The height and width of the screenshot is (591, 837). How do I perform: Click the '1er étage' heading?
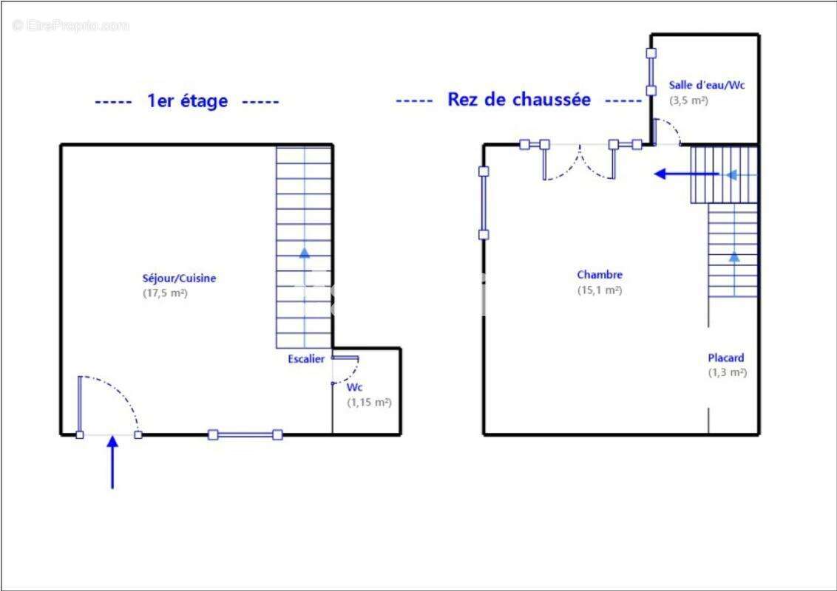coord(188,101)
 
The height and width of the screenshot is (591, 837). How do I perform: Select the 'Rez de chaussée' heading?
coord(519,100)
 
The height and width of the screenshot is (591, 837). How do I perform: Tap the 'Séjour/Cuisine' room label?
coord(180,279)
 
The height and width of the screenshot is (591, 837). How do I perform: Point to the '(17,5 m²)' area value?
coord(165,293)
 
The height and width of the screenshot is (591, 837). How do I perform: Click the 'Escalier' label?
coord(306,359)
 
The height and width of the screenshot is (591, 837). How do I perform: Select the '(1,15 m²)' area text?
coord(369,403)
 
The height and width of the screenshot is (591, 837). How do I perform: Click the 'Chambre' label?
coord(600,275)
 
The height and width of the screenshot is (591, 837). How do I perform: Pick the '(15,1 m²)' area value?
coord(600,290)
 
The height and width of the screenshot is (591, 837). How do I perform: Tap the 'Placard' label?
coord(726,358)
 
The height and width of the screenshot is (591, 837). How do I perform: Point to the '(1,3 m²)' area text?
coord(728,373)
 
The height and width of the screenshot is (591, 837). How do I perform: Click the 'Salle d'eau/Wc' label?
coord(707,85)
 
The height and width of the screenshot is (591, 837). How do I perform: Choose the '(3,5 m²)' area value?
coord(688,100)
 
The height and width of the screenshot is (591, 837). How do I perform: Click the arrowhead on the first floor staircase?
coord(305,253)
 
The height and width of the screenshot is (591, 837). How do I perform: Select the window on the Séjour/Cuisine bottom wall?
coord(245,435)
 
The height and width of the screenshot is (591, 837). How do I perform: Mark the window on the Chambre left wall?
coord(484,203)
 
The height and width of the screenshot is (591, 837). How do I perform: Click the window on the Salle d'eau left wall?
coord(651,72)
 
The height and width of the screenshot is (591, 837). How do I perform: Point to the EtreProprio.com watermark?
coord(71,26)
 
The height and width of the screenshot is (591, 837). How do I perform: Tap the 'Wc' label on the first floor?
coord(354,387)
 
